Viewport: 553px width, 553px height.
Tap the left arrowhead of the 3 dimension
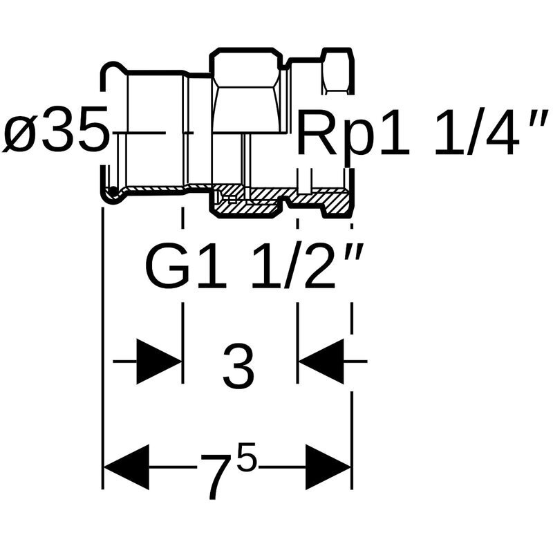click(x=159, y=361)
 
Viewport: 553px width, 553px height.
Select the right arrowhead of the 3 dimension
click(x=321, y=361)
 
